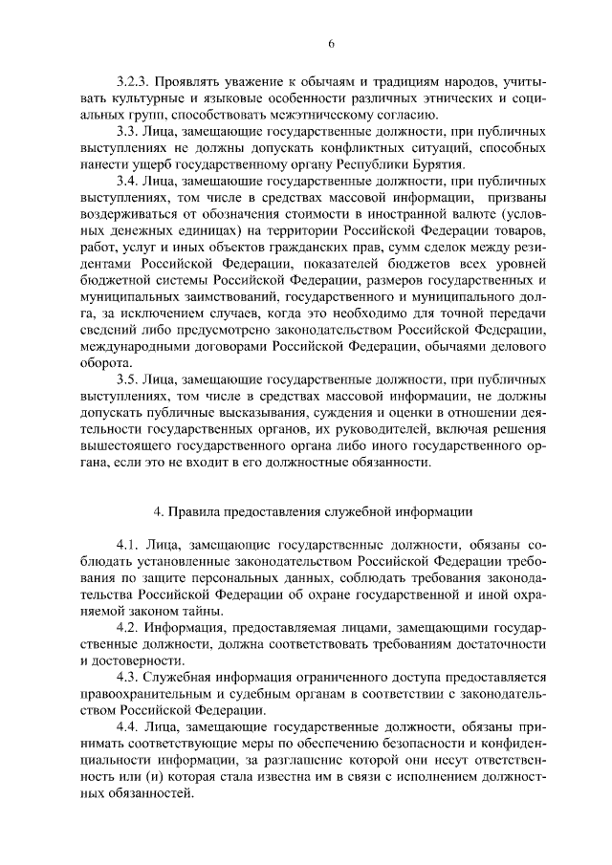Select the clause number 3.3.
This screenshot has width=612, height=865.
coord(126,129)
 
